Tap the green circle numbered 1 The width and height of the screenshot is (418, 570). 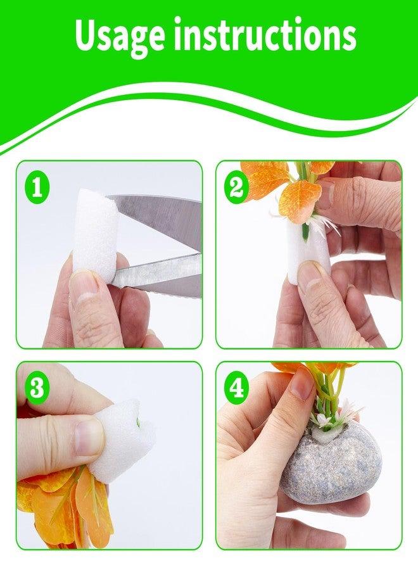tap(37, 189)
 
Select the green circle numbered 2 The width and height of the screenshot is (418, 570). tap(236, 189)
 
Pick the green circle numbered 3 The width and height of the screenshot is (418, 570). tap(37, 388)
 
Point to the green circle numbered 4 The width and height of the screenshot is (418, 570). tap(236, 388)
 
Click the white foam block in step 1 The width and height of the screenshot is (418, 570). tap(95, 239)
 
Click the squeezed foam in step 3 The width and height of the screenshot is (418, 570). tap(122, 436)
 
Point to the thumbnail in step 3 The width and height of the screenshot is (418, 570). tap(87, 436)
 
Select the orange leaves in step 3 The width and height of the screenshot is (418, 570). tap(65, 509)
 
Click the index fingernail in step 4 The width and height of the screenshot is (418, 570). tap(301, 383)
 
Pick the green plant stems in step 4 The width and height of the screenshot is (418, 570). tap(329, 396)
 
